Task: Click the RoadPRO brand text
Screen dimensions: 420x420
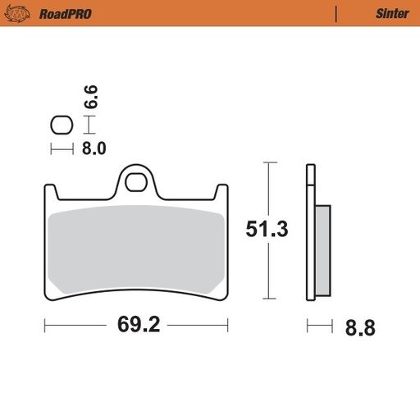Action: (x=65, y=13)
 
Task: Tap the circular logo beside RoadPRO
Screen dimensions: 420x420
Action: (x=22, y=13)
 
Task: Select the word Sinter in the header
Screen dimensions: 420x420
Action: (x=392, y=13)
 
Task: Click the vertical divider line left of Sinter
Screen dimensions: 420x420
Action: (x=336, y=13)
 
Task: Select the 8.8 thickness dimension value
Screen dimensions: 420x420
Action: (x=359, y=328)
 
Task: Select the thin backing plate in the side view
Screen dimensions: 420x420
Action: (x=310, y=233)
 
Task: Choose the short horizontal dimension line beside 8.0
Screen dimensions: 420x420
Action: (x=62, y=148)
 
